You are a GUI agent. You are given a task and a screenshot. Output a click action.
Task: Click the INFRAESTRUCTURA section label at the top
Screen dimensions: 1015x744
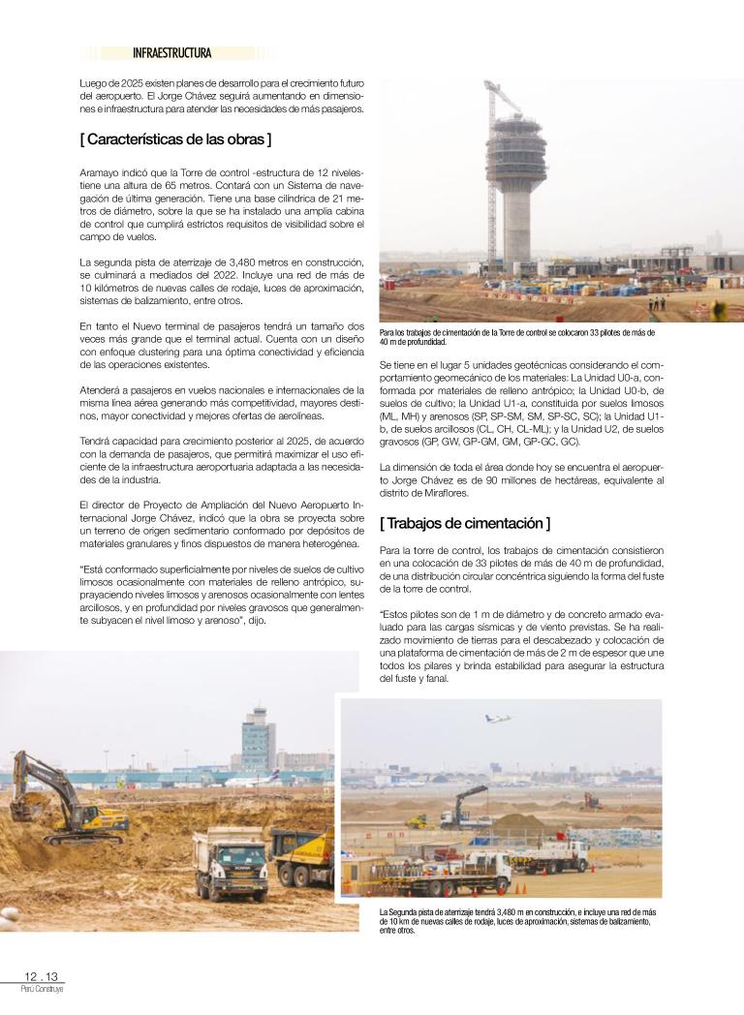tap(171, 53)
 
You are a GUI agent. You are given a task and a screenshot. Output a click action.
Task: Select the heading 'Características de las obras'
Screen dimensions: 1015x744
tap(175, 138)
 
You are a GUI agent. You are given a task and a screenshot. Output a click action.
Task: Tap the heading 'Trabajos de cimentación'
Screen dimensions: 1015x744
tap(465, 523)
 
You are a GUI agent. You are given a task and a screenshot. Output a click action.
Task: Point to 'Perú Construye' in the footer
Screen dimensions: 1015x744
tap(42, 989)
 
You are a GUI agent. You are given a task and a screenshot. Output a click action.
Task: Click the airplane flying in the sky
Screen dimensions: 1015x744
tap(498, 719)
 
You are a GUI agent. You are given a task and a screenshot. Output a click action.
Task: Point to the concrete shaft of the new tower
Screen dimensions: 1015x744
tap(516, 228)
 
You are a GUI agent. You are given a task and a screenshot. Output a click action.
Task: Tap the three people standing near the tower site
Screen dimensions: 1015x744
tap(659, 302)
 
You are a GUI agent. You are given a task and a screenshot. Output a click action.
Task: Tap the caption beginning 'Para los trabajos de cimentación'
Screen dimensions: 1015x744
tap(517, 336)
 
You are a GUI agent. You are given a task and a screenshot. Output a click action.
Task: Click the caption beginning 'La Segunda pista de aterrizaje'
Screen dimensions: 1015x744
tap(517, 921)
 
